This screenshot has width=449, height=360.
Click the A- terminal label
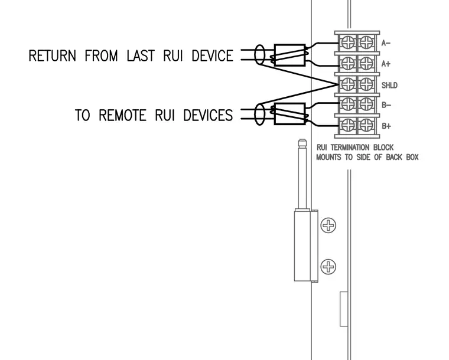click(386, 43)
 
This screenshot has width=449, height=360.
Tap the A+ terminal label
click(386, 64)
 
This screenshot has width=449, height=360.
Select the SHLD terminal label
click(389, 85)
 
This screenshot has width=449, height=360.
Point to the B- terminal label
click(386, 105)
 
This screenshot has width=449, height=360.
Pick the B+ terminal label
click(386, 126)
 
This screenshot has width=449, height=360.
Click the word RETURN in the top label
click(53, 55)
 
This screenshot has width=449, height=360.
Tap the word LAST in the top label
click(141, 55)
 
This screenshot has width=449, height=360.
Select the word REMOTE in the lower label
click(122, 115)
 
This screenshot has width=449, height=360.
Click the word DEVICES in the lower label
click(208, 115)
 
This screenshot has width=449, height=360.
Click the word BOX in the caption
click(412, 157)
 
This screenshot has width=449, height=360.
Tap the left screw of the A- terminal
click(348, 43)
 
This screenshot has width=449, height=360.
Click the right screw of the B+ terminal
click(366, 125)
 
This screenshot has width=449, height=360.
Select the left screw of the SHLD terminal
click(348, 84)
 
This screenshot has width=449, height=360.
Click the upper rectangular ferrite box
click(289, 45)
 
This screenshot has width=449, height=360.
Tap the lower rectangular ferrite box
click(289, 104)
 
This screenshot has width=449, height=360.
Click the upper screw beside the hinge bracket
click(328, 225)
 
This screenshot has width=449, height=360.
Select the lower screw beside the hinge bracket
click(328, 267)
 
